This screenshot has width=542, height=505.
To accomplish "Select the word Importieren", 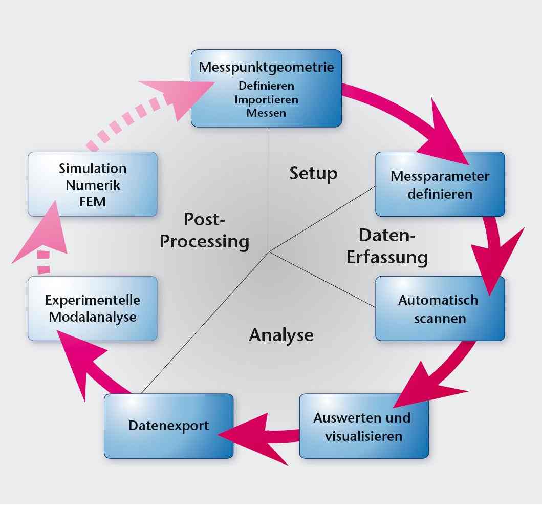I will pos(266,99).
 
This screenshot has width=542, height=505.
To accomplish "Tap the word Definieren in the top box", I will pos(266,85).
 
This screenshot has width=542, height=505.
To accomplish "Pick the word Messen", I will pos(266,113).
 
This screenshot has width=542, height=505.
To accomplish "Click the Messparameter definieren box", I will pos(440,184).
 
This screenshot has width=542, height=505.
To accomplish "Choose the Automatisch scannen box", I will pos(440,308).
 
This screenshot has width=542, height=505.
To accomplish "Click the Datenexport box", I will pos(169,426).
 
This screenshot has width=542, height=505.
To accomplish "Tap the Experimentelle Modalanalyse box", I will pos(93,308).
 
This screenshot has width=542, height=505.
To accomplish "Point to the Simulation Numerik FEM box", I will pos(93,184).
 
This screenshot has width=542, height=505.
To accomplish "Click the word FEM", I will pos(93,201).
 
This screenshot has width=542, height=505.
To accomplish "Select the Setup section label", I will pos(313,173).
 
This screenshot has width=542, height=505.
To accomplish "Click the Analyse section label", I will pos(281,335).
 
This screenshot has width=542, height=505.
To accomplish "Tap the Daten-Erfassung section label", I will pos(387,246).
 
